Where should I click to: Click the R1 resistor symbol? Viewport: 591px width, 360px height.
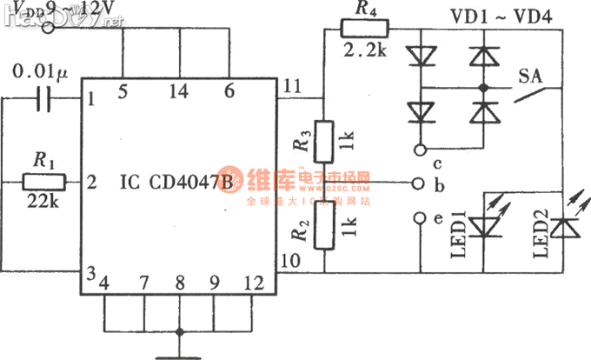tap(44, 181)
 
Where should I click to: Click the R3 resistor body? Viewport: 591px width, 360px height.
tap(323, 143)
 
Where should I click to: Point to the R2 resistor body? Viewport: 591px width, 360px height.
tap(323, 230)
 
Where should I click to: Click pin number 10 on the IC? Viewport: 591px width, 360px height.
tap(290, 260)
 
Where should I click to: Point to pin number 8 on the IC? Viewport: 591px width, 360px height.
tap(181, 283)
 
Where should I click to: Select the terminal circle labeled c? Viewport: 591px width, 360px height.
tap(421, 147)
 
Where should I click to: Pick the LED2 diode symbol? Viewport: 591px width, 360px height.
tap(566, 227)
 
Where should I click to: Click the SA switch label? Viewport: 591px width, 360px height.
tap(529, 74)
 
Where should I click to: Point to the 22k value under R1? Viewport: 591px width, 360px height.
tap(42, 201)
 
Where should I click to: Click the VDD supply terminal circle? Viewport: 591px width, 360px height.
tap(50, 28)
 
